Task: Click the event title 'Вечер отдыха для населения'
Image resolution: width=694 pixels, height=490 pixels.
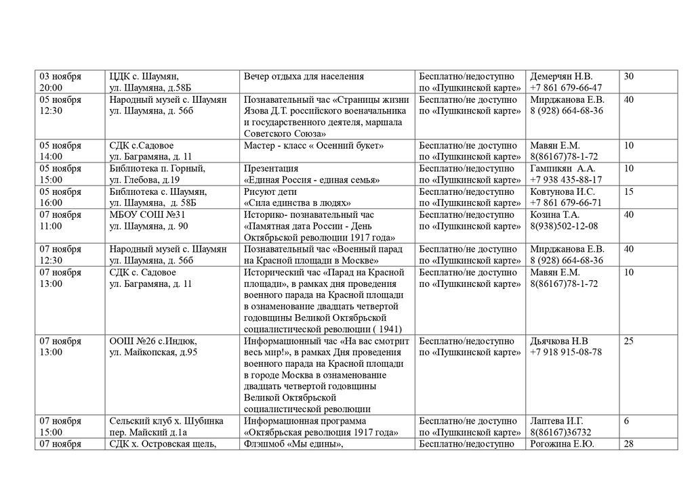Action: click(x=304, y=76)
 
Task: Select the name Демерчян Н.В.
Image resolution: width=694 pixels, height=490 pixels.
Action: click(x=561, y=76)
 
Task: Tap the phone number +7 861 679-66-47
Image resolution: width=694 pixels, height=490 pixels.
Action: click(x=566, y=88)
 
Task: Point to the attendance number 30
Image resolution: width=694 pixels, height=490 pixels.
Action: click(x=629, y=76)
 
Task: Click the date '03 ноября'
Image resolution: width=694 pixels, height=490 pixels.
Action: click(x=60, y=76)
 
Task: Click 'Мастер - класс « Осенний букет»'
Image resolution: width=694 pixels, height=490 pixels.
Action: click(x=314, y=146)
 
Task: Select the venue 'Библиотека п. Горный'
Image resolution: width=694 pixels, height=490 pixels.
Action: click(x=157, y=169)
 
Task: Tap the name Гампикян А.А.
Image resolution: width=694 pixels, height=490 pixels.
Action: click(x=563, y=169)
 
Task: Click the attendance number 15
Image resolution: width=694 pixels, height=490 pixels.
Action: click(x=629, y=192)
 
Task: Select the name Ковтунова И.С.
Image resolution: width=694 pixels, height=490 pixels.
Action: click(x=563, y=192)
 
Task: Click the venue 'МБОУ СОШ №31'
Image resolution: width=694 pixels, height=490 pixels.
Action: click(x=143, y=215)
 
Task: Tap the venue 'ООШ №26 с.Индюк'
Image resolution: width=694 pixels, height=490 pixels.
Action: click(x=153, y=341)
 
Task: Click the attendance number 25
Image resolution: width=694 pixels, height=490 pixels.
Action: click(x=629, y=341)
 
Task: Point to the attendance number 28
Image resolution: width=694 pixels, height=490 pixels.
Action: click(x=629, y=444)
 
